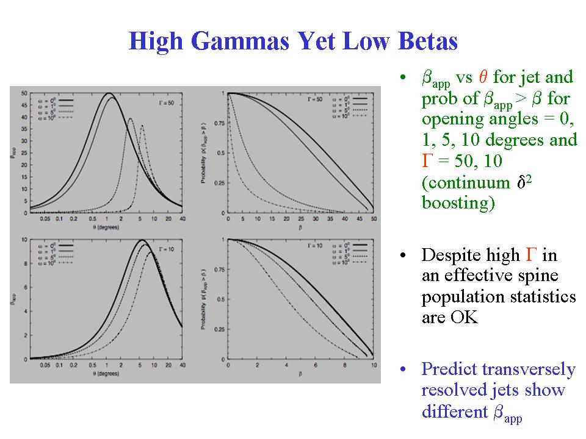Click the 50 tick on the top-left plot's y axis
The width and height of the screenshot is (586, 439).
pos(24,93)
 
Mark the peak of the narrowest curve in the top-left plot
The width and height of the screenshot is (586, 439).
pos(142,126)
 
